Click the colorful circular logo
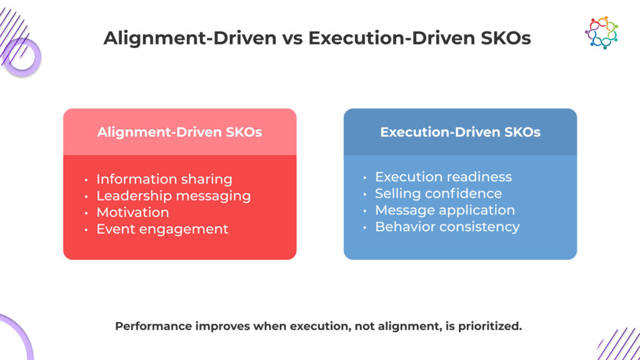coord(601,32)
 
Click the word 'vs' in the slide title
coord(292,38)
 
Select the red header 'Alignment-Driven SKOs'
coord(179,132)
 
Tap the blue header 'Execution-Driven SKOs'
coord(461,132)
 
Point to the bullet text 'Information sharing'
coord(164,179)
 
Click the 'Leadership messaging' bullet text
coord(174,196)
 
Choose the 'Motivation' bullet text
coord(132,212)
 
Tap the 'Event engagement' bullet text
coord(162,229)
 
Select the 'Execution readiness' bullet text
coord(443,177)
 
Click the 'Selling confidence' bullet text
coord(438,194)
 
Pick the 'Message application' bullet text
coord(445,210)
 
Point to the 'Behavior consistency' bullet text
coord(447,226)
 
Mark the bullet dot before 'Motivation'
coord(86,213)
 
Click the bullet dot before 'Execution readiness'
coord(365,177)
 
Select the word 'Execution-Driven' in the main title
coord(392,38)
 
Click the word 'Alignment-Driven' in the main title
coord(190,38)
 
